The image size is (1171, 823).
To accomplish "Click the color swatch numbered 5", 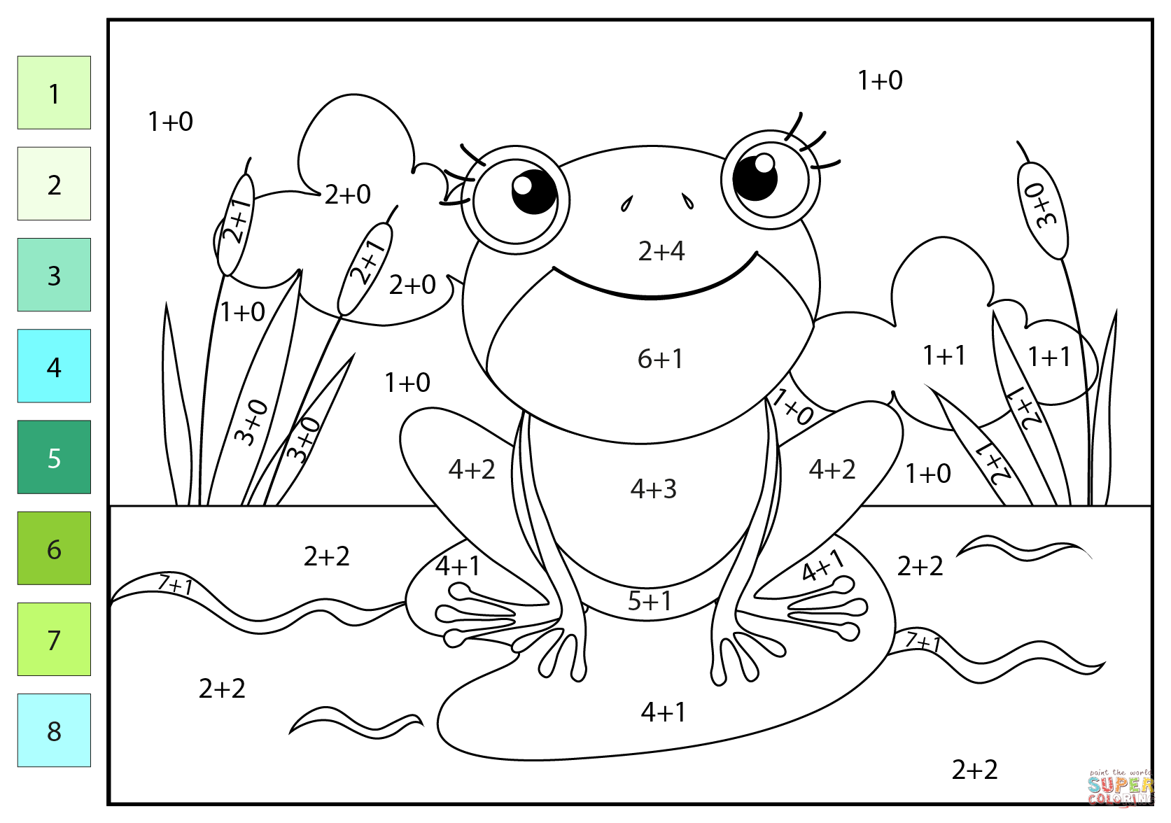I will pyautogui.click(x=54, y=457).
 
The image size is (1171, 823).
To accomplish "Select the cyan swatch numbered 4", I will pyautogui.click(x=54, y=366).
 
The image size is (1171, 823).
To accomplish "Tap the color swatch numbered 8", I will pyautogui.click(x=54, y=730).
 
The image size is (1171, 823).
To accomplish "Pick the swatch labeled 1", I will pyautogui.click(x=54, y=92).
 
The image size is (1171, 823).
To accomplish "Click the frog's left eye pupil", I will pyautogui.click(x=533, y=192).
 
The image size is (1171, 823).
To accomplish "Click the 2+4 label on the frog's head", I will pyautogui.click(x=661, y=251).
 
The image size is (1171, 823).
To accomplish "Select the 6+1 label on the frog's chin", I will pyautogui.click(x=659, y=359).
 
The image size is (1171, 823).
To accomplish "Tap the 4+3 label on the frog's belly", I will pyautogui.click(x=653, y=489).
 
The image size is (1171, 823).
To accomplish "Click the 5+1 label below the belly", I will pyautogui.click(x=649, y=601).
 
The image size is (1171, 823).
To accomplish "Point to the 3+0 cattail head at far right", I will pyautogui.click(x=1043, y=209).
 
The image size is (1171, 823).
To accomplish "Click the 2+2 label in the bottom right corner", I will pyautogui.click(x=974, y=770).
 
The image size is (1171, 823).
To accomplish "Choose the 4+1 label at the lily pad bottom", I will pyautogui.click(x=663, y=712).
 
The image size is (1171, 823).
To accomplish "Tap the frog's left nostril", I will pyautogui.click(x=626, y=204).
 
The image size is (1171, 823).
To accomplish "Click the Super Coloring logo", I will pyautogui.click(x=1120, y=789).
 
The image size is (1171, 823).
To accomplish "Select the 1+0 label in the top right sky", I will pyautogui.click(x=880, y=80).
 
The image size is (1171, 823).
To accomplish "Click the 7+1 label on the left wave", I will pyautogui.click(x=175, y=584).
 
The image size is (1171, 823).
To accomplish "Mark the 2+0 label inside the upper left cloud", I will pyautogui.click(x=347, y=195).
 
